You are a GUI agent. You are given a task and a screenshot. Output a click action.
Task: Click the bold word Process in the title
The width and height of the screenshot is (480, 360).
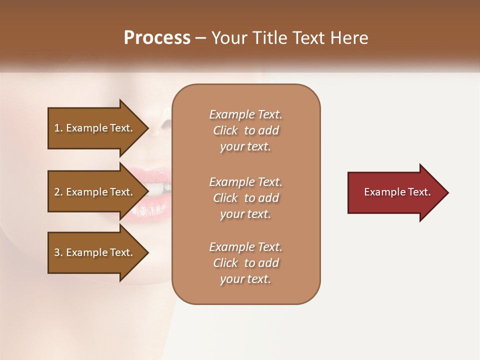157,38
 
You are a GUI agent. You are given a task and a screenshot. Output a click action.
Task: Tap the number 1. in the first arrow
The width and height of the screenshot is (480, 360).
58,128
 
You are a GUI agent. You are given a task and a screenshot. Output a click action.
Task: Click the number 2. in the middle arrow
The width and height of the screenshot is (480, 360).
58,192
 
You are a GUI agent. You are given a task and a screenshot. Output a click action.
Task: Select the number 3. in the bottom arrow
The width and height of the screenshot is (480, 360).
58,252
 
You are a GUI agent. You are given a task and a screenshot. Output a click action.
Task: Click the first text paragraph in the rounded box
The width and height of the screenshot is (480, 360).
245,130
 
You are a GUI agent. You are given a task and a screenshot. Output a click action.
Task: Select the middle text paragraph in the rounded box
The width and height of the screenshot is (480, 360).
245,198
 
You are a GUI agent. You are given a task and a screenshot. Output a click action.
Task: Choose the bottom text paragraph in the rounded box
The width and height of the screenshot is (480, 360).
245,263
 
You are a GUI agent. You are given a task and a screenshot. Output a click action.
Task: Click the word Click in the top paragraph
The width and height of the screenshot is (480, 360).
225,130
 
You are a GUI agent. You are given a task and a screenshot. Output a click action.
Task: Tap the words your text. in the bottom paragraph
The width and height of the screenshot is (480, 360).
245,279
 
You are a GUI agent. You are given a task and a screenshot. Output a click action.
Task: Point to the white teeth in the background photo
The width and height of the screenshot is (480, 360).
158,189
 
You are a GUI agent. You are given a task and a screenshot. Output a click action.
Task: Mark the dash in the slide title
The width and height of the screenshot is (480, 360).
201,38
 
